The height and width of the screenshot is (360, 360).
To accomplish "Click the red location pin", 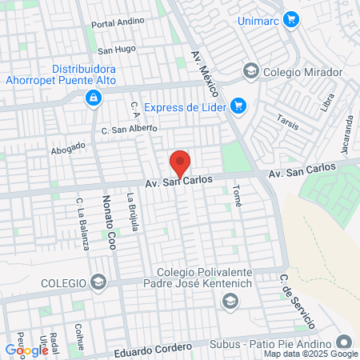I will pos(180,163).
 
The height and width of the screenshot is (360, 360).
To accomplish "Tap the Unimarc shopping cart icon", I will pos(291,18).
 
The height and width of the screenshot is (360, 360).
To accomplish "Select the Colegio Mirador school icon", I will pos(251,71).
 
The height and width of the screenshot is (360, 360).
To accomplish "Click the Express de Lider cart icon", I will pos(238,106).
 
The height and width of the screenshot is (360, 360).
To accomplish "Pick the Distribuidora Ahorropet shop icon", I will pos(94,98).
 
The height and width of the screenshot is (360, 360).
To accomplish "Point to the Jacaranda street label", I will pos(348,128).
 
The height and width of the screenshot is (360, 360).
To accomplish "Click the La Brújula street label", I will pos(133,213).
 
